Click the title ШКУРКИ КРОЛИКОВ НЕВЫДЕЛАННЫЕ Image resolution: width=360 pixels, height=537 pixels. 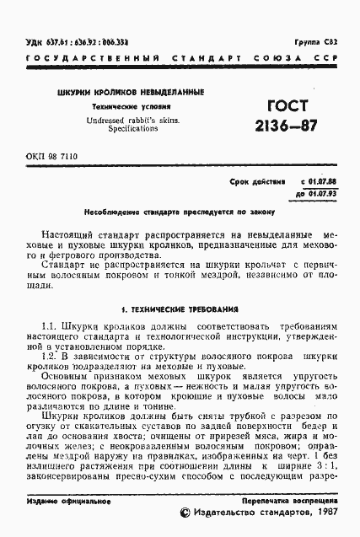pos(130,92)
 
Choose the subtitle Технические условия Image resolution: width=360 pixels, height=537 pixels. pos(130,108)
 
